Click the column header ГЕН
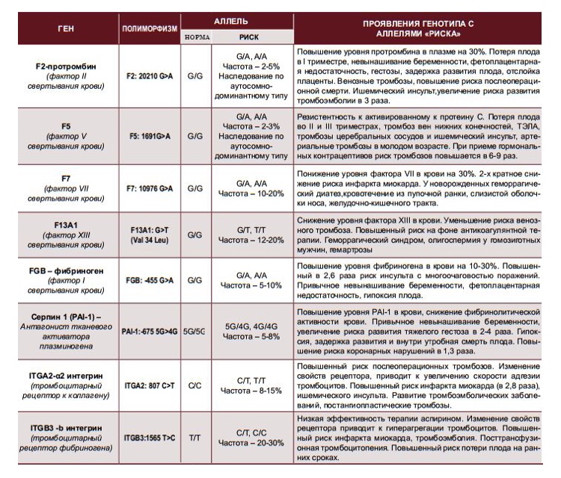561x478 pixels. (x=64, y=28)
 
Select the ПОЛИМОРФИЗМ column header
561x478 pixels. (x=150, y=28)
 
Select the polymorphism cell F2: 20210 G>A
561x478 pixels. (x=150, y=75)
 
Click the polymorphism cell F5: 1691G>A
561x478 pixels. (x=149, y=137)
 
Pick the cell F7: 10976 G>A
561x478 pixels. (x=150, y=190)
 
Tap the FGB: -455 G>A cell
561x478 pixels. (x=150, y=280)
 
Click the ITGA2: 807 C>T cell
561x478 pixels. (x=150, y=385)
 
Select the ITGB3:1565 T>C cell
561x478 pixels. (x=150, y=438)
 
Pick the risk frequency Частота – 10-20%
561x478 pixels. (x=250, y=196)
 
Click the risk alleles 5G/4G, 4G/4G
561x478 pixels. (x=250, y=326)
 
